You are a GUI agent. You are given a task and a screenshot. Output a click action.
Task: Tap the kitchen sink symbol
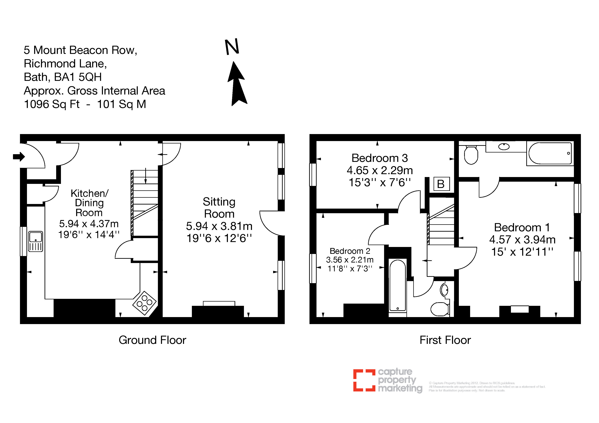[x=36, y=241]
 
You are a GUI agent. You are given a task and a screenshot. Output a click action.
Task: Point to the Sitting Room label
[x=219, y=208]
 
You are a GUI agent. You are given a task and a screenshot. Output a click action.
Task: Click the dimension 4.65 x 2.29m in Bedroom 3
[x=380, y=170]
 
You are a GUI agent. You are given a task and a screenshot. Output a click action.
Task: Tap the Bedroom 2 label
[x=350, y=251]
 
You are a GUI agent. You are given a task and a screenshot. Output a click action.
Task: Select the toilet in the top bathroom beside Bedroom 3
[x=471, y=155]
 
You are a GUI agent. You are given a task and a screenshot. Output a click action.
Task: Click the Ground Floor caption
[x=152, y=340]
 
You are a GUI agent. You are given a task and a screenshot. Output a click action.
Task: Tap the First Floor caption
[x=445, y=340]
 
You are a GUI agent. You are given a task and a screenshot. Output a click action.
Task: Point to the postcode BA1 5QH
[x=78, y=77]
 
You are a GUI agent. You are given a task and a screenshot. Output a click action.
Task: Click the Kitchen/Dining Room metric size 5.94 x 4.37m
[x=89, y=224]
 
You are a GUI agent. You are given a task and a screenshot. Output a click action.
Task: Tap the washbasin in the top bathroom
[x=504, y=147]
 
